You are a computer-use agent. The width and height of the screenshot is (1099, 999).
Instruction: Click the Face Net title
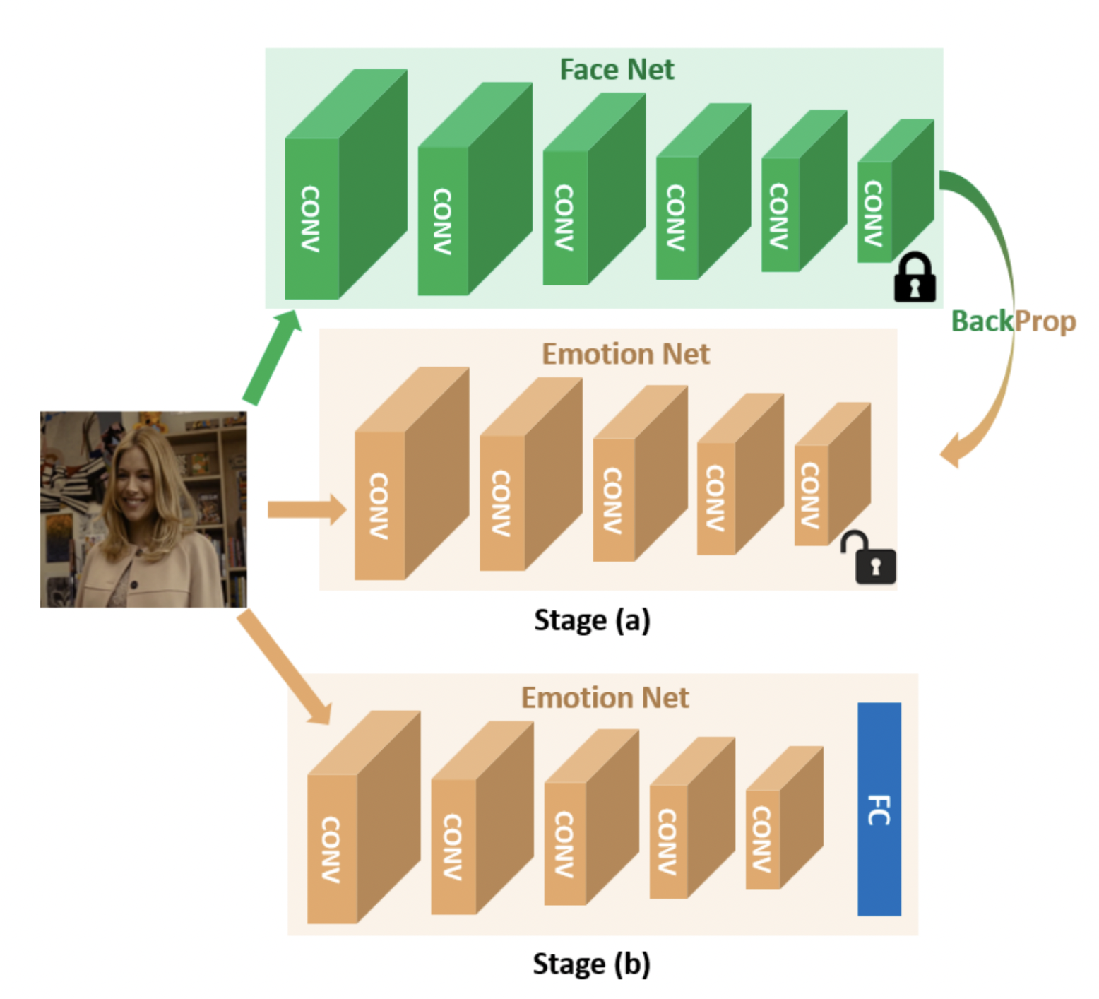[617, 69]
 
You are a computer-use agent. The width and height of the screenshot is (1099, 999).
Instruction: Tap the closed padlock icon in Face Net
[914, 278]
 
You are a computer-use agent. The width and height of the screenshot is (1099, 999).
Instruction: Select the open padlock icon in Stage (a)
[871, 560]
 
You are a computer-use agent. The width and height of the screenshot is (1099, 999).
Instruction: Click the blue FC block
[879, 809]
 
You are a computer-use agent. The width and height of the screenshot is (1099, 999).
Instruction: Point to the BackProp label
[1013, 321]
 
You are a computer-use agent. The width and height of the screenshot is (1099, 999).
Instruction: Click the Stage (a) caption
[592, 620]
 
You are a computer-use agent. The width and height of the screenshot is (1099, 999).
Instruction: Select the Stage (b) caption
[591, 964]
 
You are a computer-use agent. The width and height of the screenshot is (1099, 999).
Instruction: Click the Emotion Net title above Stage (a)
[625, 354]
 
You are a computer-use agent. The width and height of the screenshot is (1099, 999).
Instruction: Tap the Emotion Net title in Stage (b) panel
[605, 698]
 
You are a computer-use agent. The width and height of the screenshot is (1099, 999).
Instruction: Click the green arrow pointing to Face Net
[273, 357]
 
